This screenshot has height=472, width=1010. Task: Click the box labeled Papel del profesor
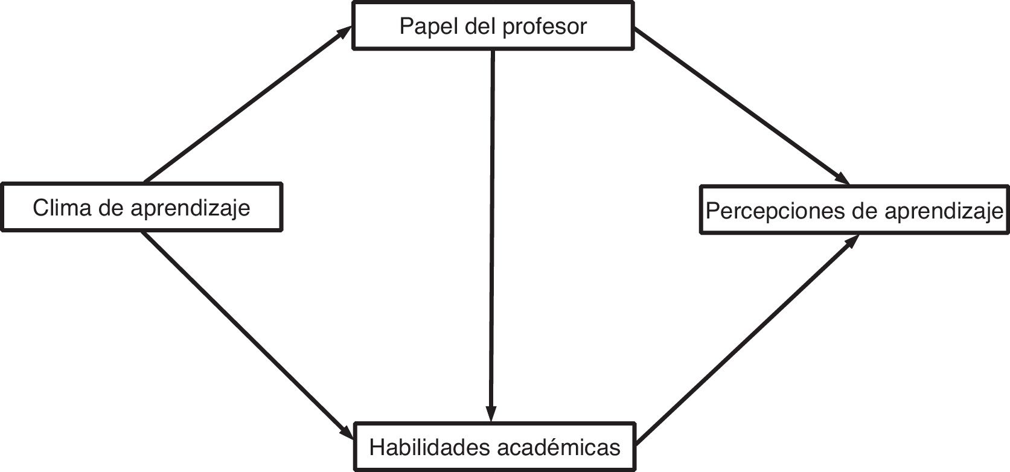click(493, 26)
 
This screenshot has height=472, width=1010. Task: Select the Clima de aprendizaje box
click(141, 208)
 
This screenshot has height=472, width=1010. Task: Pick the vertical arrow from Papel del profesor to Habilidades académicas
click(493, 229)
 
